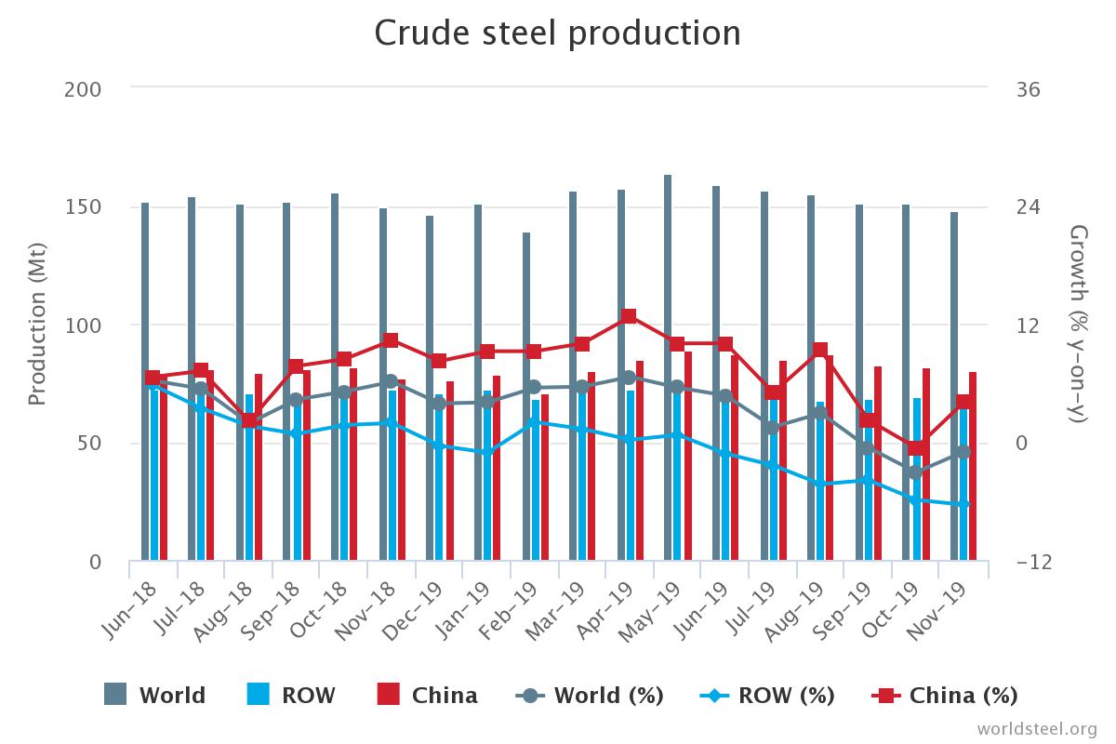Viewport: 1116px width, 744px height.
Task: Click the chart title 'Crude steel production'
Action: pos(558,33)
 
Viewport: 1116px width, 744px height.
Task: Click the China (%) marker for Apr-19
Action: pos(629,316)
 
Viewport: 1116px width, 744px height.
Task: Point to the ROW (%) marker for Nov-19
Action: pos(963,504)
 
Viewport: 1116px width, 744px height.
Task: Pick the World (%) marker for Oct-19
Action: pos(915,472)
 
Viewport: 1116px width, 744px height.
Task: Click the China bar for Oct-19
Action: pos(926,465)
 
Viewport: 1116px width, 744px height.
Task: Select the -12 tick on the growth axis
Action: pos(1032,562)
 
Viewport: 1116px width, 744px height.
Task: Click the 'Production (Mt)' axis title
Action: pos(37,325)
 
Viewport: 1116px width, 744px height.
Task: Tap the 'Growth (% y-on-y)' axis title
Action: pos(1078,325)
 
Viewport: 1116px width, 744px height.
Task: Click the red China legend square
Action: pos(389,695)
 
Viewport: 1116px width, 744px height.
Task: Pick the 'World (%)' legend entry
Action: pos(590,696)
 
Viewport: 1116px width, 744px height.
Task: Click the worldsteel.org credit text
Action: pos(1036,727)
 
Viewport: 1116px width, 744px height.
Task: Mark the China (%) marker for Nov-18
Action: pos(391,340)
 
